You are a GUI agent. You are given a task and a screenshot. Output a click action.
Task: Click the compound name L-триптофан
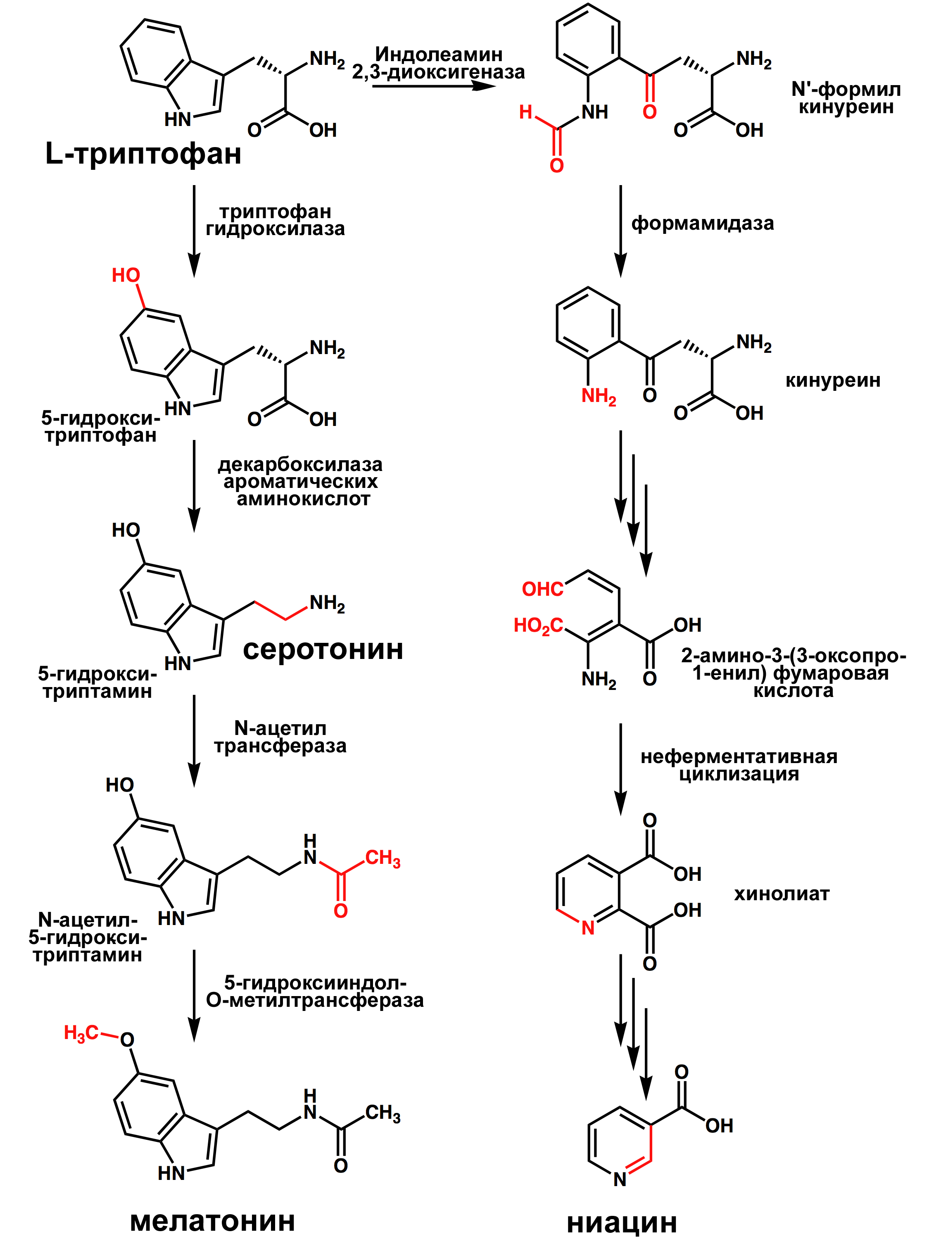click(143, 153)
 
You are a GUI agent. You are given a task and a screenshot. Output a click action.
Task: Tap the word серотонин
click(323, 650)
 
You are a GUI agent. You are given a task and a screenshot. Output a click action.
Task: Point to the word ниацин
click(622, 1222)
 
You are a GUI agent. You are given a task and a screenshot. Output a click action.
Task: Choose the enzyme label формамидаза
click(703, 223)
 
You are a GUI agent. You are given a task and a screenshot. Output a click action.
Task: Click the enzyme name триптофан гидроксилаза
click(275, 220)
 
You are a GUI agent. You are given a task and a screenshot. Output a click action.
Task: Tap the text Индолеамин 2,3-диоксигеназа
click(438, 63)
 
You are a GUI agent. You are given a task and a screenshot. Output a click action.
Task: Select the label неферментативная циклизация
click(739, 765)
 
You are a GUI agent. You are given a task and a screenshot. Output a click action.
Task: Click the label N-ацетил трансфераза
click(280, 737)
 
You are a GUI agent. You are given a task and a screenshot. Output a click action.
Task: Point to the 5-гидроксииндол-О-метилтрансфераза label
click(315, 992)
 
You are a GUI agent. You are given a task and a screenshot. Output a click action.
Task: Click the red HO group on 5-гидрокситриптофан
click(126, 275)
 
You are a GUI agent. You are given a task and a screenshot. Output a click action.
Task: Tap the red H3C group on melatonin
click(81, 1032)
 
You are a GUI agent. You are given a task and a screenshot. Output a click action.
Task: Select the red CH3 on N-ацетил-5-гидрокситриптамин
click(383, 858)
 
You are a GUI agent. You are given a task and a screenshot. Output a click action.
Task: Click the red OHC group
click(542, 589)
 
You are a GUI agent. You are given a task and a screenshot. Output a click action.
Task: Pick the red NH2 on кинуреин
click(599, 397)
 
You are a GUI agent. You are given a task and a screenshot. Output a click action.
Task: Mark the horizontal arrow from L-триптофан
click(434, 86)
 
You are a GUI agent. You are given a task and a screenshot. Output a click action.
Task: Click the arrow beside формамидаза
click(620, 231)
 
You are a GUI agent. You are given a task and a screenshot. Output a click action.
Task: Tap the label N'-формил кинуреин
click(846, 98)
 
